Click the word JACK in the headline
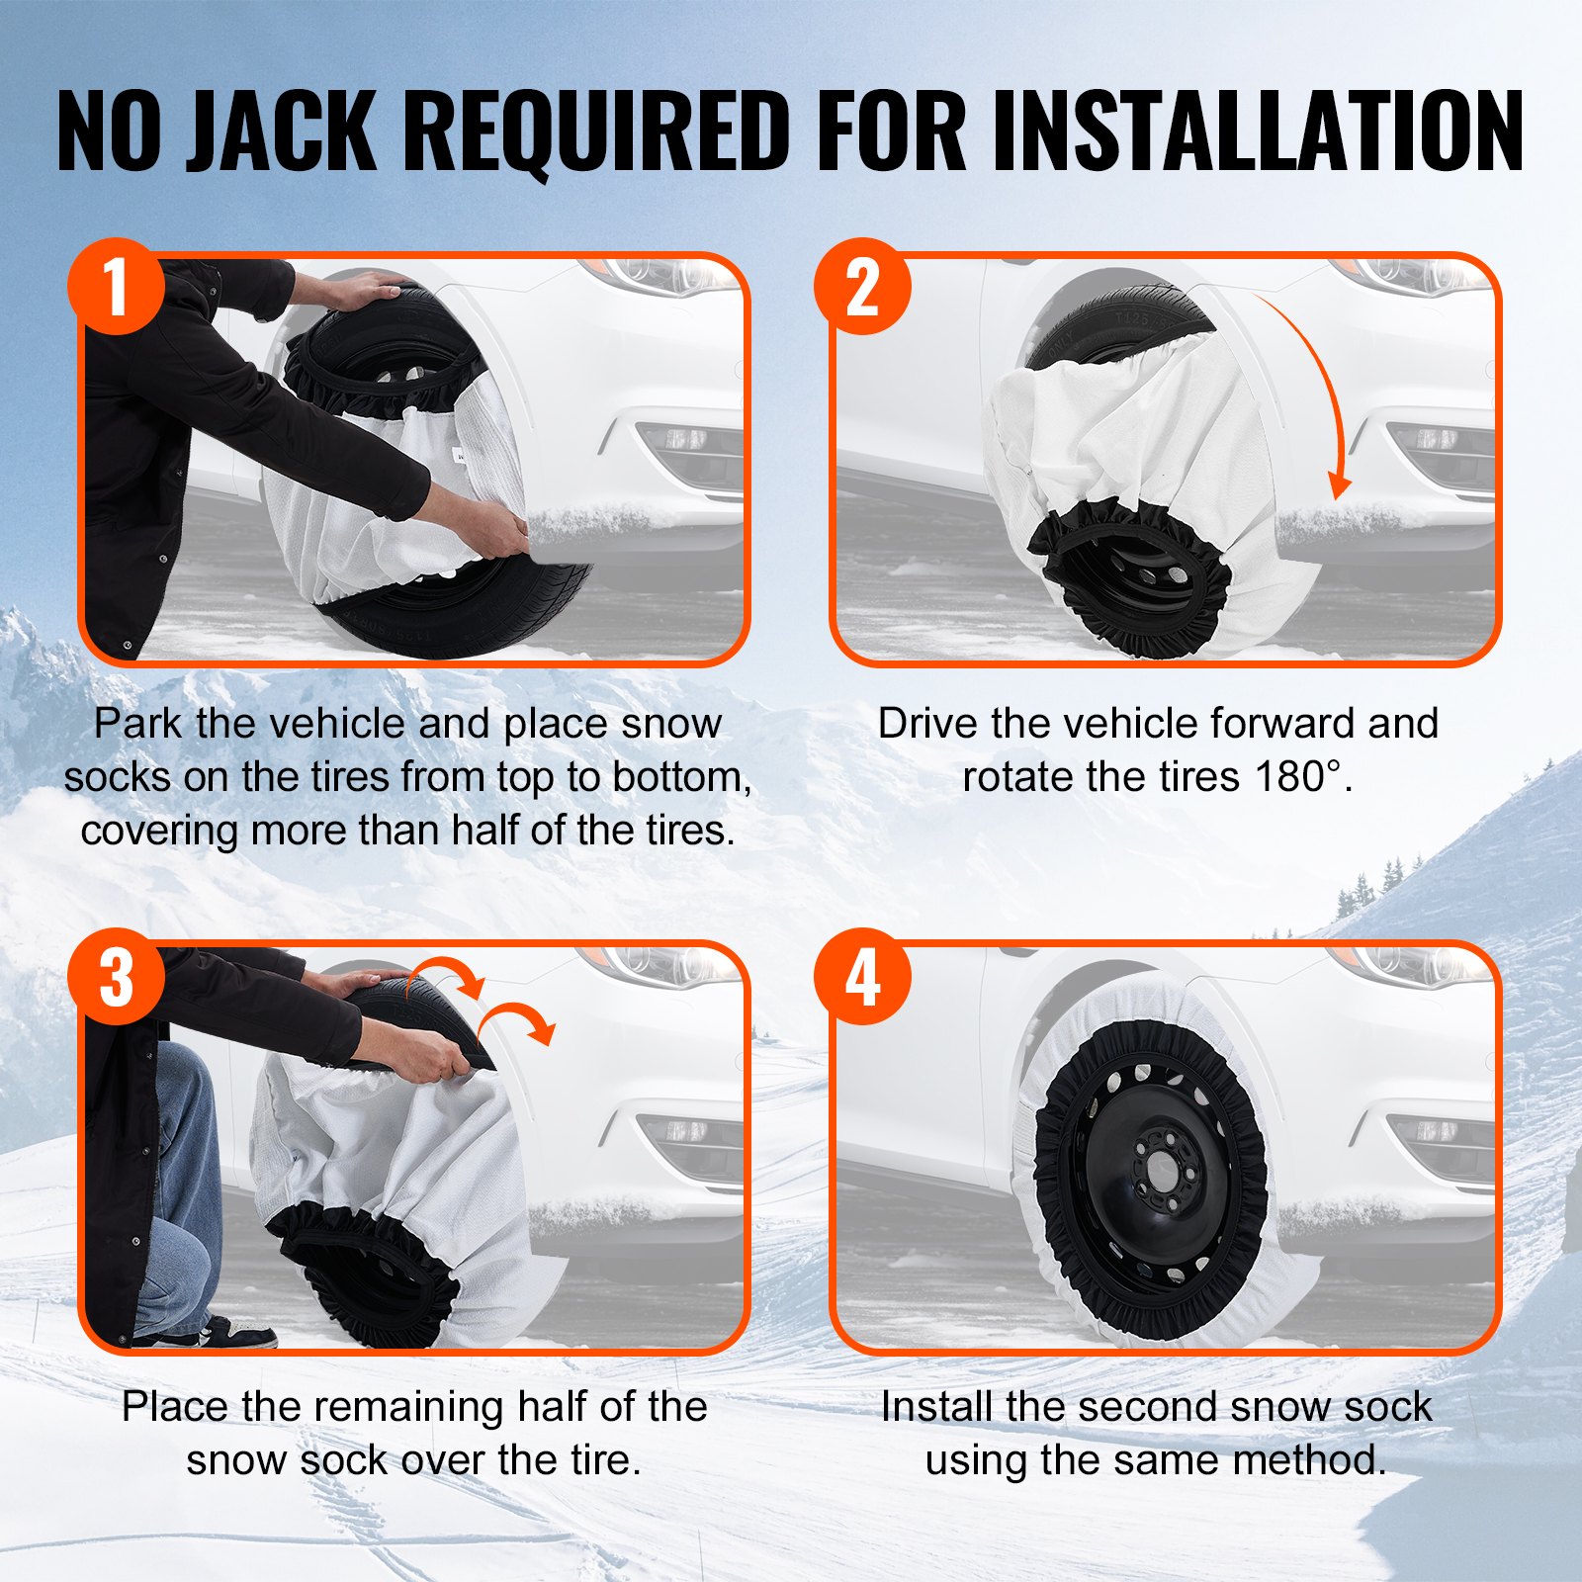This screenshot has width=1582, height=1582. click(282, 131)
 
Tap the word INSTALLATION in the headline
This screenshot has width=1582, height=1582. click(1258, 131)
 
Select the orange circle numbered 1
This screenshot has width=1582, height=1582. click(116, 286)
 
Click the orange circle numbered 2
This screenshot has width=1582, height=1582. click(862, 286)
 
